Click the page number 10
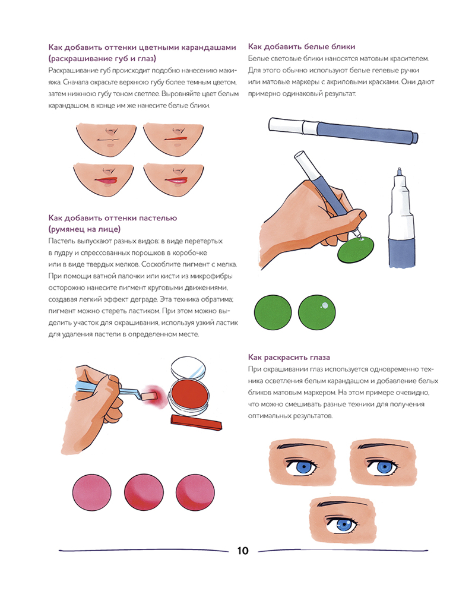[x=243, y=551]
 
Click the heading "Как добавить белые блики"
[x=302, y=46]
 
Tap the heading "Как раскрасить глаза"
[x=289, y=357]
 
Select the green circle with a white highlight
[x=316, y=312]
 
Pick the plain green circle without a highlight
[x=273, y=312]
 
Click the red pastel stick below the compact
[x=196, y=422]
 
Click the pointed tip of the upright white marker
[x=399, y=169]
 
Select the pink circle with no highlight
[x=91, y=492]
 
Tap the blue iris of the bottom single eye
[x=344, y=525]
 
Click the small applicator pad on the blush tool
[x=149, y=396]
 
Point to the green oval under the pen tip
[x=355, y=249]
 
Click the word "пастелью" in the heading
[x=158, y=218]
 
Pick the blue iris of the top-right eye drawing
[x=384, y=467]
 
